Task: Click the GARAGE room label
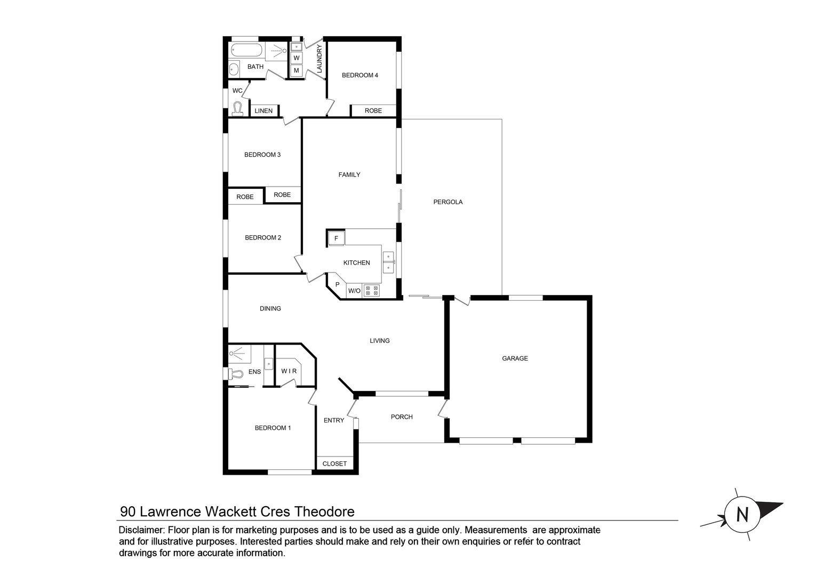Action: pyautogui.click(x=515, y=358)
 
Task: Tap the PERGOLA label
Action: pyautogui.click(x=448, y=202)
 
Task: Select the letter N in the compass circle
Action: pyautogui.click(x=741, y=515)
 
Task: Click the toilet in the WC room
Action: pyautogui.click(x=238, y=109)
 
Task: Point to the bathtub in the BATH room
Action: pyautogui.click(x=246, y=51)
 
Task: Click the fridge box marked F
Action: pyautogui.click(x=336, y=238)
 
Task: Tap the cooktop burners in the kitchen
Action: pyautogui.click(x=372, y=291)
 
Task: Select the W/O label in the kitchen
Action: pyautogui.click(x=354, y=291)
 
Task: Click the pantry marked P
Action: pyautogui.click(x=337, y=285)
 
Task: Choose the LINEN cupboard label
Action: pyautogui.click(x=263, y=111)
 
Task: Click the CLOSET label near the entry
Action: pyautogui.click(x=334, y=464)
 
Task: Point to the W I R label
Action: pyautogui.click(x=289, y=371)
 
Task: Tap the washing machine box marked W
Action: pyautogui.click(x=297, y=58)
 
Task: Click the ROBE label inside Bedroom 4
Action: pyautogui.click(x=373, y=111)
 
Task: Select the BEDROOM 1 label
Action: pyautogui.click(x=273, y=428)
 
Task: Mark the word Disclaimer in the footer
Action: pyautogui.click(x=141, y=530)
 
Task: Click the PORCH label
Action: pyautogui.click(x=402, y=417)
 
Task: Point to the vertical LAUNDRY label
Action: pyautogui.click(x=319, y=59)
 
